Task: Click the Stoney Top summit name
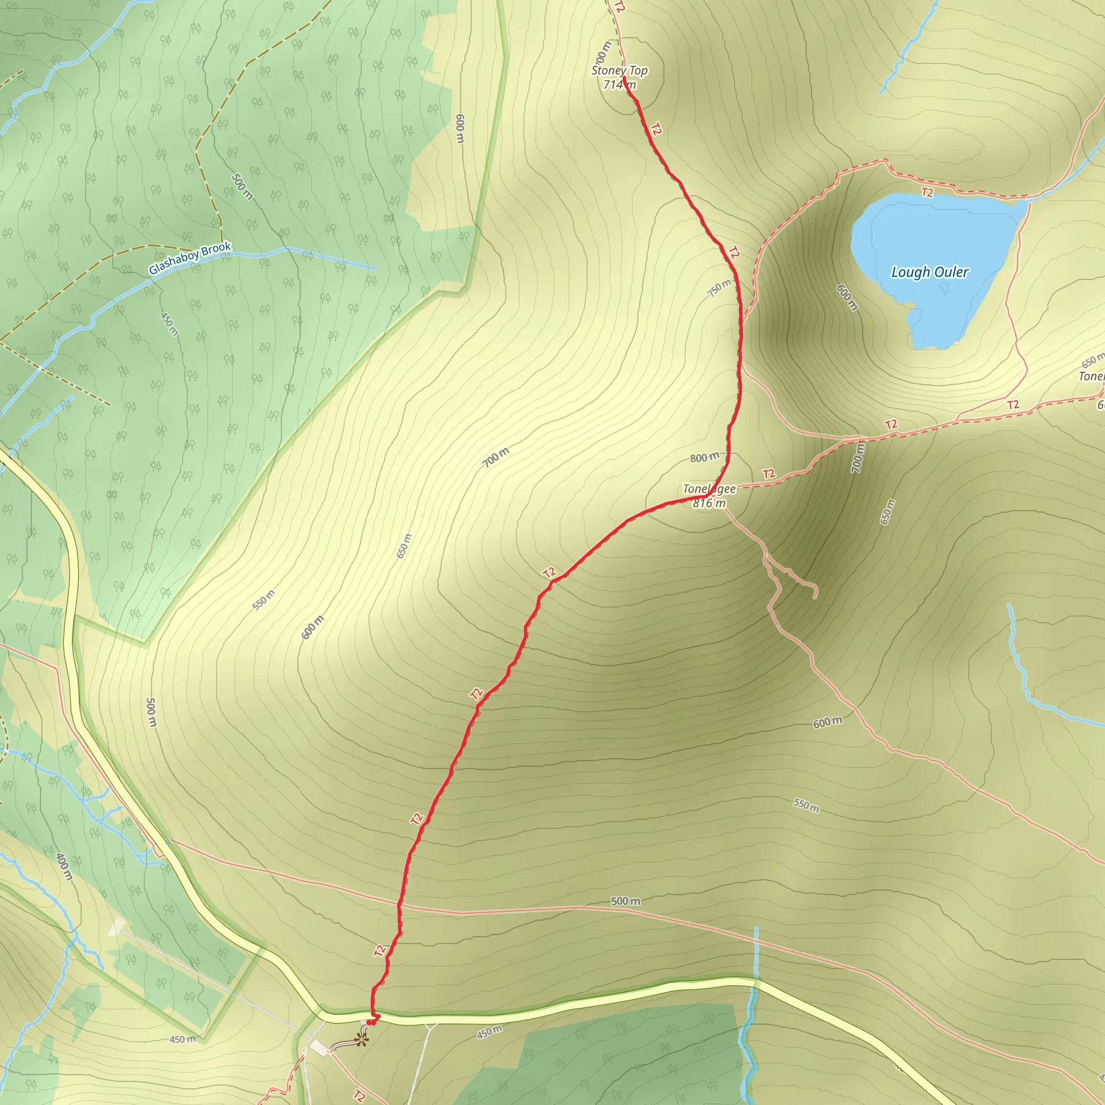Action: pos(619,70)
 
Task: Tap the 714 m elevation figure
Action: pos(619,85)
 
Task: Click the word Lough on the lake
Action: pos(909,272)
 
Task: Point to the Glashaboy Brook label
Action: pos(190,258)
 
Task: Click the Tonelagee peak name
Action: pos(709,489)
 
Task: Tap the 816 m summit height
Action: pos(709,503)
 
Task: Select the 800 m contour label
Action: pos(704,458)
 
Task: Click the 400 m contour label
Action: pos(64,867)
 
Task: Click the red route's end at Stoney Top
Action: pos(625,78)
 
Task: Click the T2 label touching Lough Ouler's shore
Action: pos(927,193)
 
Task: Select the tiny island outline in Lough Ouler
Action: pos(944,289)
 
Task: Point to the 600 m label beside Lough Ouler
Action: pos(847,297)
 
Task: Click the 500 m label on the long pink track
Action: pos(625,901)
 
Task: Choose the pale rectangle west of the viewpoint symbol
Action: pos(319,1047)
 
